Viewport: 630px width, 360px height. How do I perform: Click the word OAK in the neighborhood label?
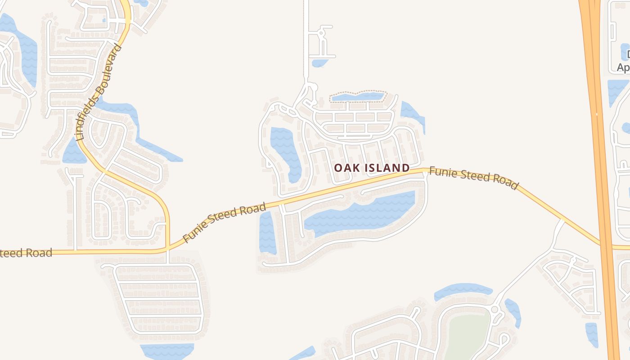click(x=345, y=168)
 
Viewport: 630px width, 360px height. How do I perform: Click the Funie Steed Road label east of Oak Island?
click(x=473, y=178)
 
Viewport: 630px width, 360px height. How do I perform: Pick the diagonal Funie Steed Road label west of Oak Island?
click(x=225, y=222)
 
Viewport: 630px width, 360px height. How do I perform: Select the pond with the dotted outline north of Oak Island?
click(x=358, y=96)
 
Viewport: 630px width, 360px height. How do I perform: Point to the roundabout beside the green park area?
click(x=495, y=310)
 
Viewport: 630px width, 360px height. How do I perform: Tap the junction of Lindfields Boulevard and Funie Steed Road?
click(x=167, y=248)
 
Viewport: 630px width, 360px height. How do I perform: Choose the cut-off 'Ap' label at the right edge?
click(x=623, y=67)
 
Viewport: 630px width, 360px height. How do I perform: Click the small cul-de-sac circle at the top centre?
click(x=321, y=33)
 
